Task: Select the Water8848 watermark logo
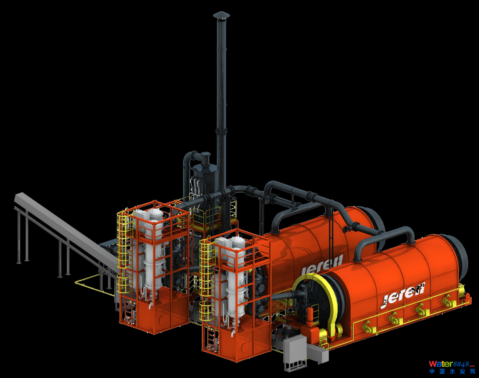point(452,364)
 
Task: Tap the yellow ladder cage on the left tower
point(123,251)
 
